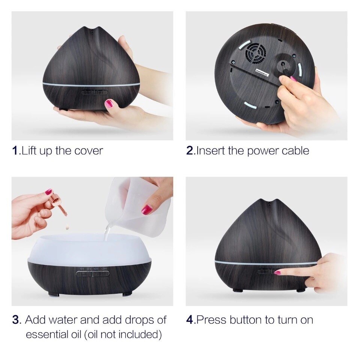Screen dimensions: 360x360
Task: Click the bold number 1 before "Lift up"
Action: pyautogui.click(x=15, y=151)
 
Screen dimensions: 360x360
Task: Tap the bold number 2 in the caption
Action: pyautogui.click(x=190, y=151)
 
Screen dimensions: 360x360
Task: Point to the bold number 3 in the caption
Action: pyautogui.click(x=15, y=320)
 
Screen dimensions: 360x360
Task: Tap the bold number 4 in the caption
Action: pyautogui.click(x=190, y=320)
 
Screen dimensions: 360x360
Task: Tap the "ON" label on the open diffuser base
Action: pyautogui.click(x=103, y=269)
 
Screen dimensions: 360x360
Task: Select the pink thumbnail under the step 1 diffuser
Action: pyautogui.click(x=109, y=103)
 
